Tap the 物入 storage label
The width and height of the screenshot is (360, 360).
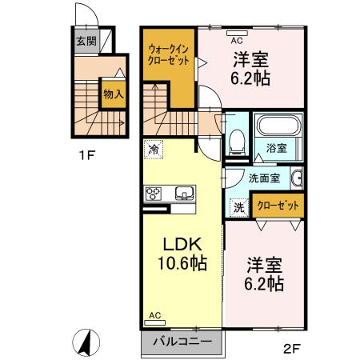(x=113, y=93)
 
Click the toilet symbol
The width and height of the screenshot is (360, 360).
(x=237, y=142)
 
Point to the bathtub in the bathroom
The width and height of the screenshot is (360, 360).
(x=278, y=126)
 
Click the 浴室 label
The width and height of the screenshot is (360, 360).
(x=277, y=149)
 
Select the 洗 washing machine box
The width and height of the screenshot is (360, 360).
(x=239, y=206)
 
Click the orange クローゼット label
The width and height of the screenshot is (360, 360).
(x=279, y=206)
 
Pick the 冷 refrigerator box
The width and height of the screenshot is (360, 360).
(x=153, y=148)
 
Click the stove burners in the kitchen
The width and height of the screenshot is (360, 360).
(x=154, y=193)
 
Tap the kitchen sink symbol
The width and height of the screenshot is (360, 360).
(x=183, y=193)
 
